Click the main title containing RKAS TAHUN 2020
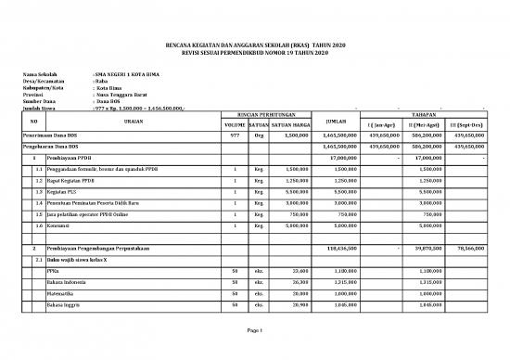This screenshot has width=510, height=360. pos(255,44)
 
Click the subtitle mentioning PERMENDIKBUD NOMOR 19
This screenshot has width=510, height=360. pos(255,52)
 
